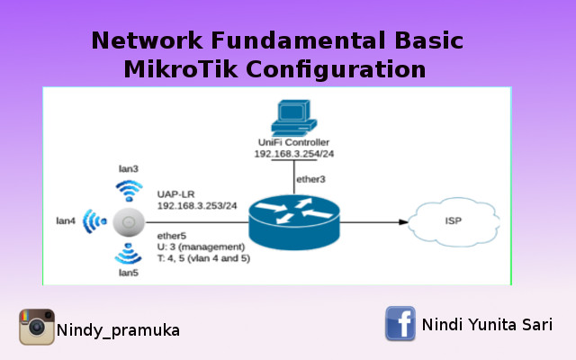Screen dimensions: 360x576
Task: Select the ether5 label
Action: pyautogui.click(x=171, y=236)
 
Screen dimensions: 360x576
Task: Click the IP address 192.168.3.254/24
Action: pyautogui.click(x=294, y=155)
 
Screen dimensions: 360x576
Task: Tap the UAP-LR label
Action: pyautogui.click(x=174, y=193)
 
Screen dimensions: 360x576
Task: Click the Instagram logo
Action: pyautogui.click(x=37, y=327)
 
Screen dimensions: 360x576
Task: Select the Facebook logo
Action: pyautogui.click(x=400, y=323)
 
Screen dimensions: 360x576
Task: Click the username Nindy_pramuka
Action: pyautogui.click(x=118, y=330)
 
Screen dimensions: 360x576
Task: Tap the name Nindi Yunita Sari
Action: pyautogui.click(x=487, y=324)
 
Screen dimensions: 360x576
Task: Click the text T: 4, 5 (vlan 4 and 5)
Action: pyautogui.click(x=203, y=258)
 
